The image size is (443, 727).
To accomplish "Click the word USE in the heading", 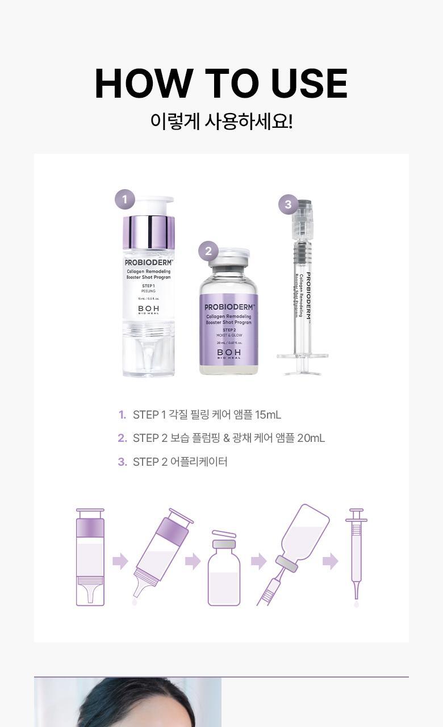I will coord(309,84).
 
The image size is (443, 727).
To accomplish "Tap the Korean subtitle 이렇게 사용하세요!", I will coord(221,121).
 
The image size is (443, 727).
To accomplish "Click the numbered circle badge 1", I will coord(125,199).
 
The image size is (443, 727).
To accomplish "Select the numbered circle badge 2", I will coord(208,251).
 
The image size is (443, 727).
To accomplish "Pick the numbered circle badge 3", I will coord(288,204).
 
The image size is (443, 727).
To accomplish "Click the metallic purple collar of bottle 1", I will coord(148,232).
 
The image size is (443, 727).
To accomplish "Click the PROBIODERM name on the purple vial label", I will coord(229,307).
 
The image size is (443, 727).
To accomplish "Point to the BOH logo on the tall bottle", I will coord(148,310).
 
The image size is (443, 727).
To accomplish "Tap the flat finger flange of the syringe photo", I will coord(302,356).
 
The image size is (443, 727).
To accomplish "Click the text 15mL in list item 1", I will coord(268,415).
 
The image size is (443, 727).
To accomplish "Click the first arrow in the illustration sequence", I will coord(120,561).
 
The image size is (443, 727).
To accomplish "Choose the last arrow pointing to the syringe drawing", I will coord(330,561).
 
